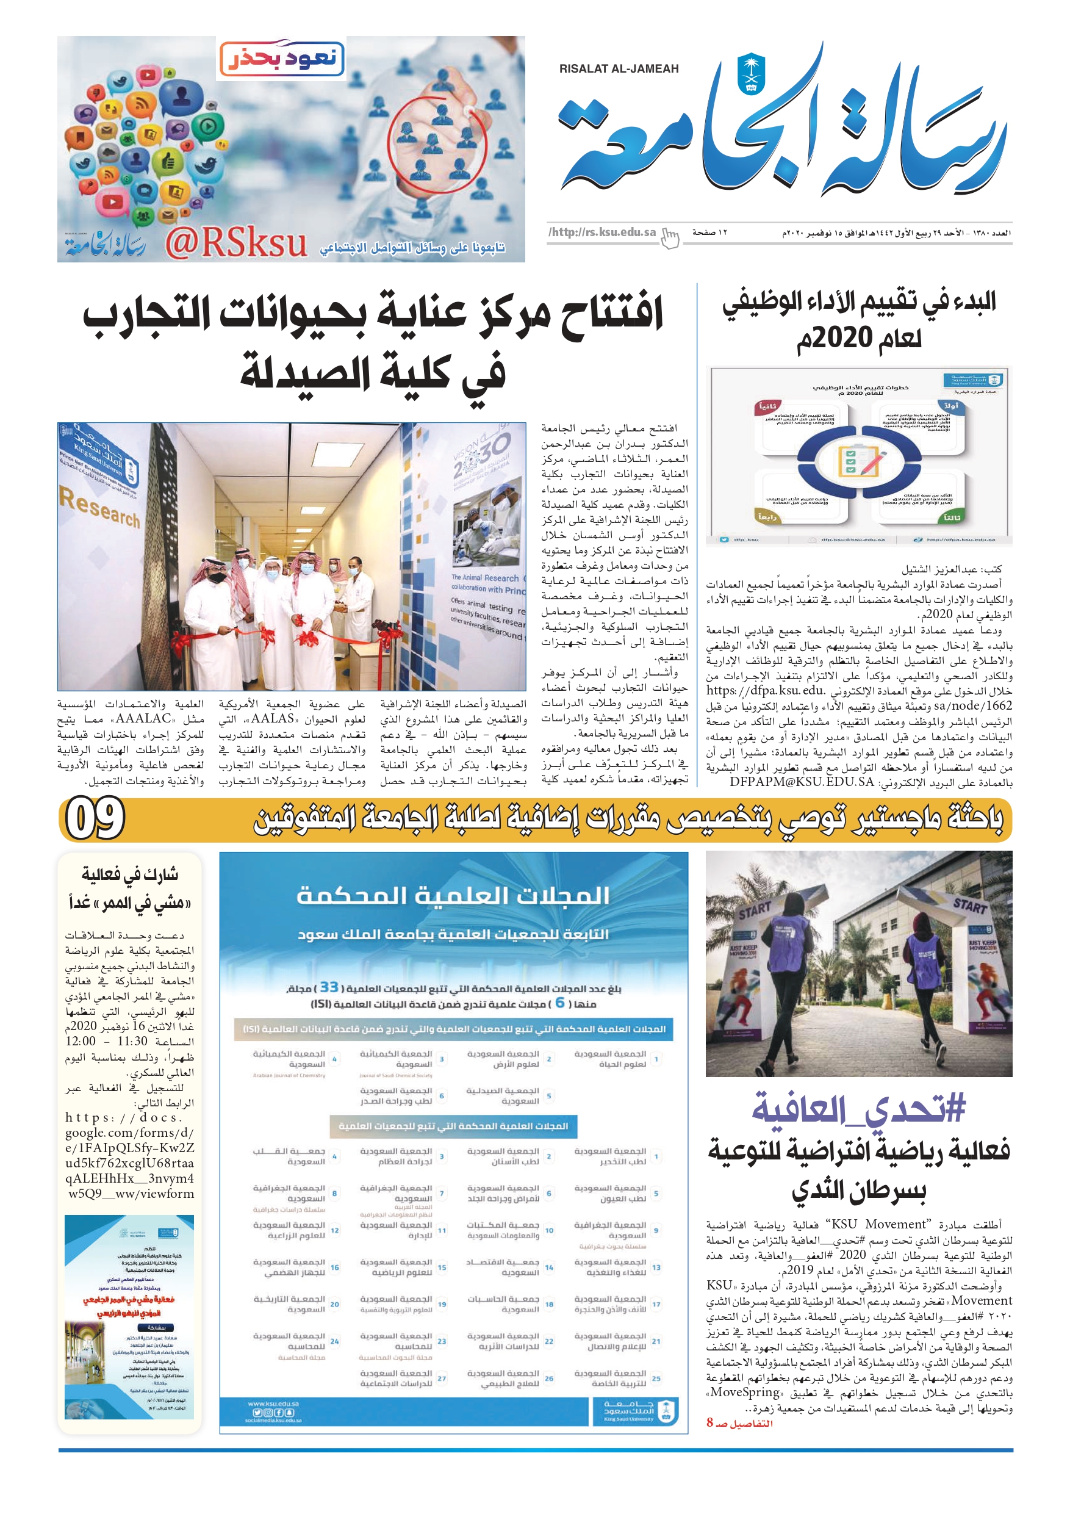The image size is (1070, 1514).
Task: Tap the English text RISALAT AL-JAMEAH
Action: (x=619, y=68)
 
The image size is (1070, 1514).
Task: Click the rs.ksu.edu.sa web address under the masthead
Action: (x=603, y=232)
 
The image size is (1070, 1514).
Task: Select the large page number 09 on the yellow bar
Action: (x=96, y=818)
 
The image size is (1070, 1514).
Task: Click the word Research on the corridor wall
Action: (x=99, y=507)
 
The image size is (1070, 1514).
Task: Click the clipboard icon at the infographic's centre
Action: (x=859, y=461)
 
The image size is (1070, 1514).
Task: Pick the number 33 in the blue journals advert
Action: (x=329, y=987)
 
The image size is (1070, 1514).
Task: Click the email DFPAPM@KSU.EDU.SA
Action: (x=801, y=782)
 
